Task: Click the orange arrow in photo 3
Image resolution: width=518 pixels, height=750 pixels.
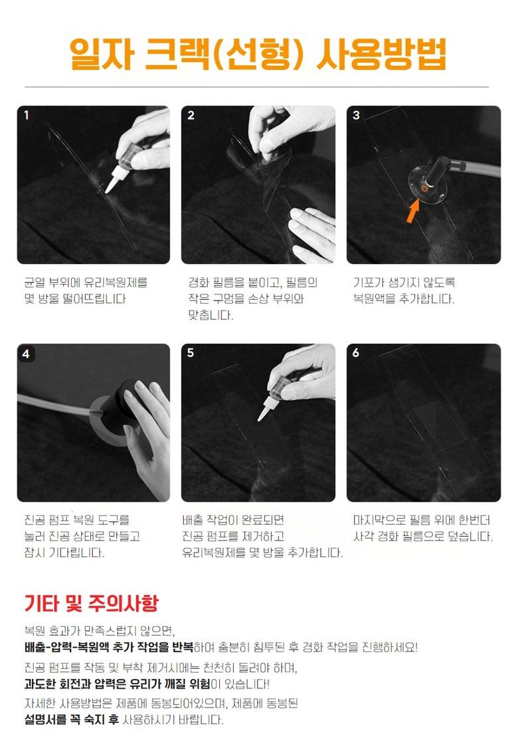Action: pyautogui.click(x=412, y=211)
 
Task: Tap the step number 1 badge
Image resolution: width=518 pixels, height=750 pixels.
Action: pyautogui.click(x=27, y=115)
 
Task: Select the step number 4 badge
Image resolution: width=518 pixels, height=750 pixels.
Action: pyautogui.click(x=27, y=354)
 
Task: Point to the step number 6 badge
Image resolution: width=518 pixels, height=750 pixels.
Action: pyautogui.click(x=356, y=353)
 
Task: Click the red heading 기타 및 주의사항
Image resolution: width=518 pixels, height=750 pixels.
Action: pyautogui.click(x=91, y=603)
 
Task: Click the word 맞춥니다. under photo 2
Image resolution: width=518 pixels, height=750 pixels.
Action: pyautogui.click(x=211, y=315)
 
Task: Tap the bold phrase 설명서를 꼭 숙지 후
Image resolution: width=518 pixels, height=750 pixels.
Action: pyautogui.click(x=72, y=720)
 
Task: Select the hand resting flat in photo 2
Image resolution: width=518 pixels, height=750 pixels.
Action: pyautogui.click(x=311, y=233)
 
